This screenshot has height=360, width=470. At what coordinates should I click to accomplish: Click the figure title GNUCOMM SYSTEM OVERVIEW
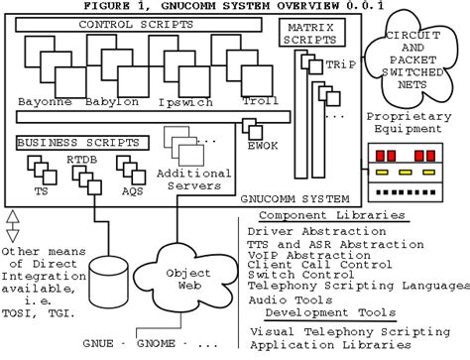235,7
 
